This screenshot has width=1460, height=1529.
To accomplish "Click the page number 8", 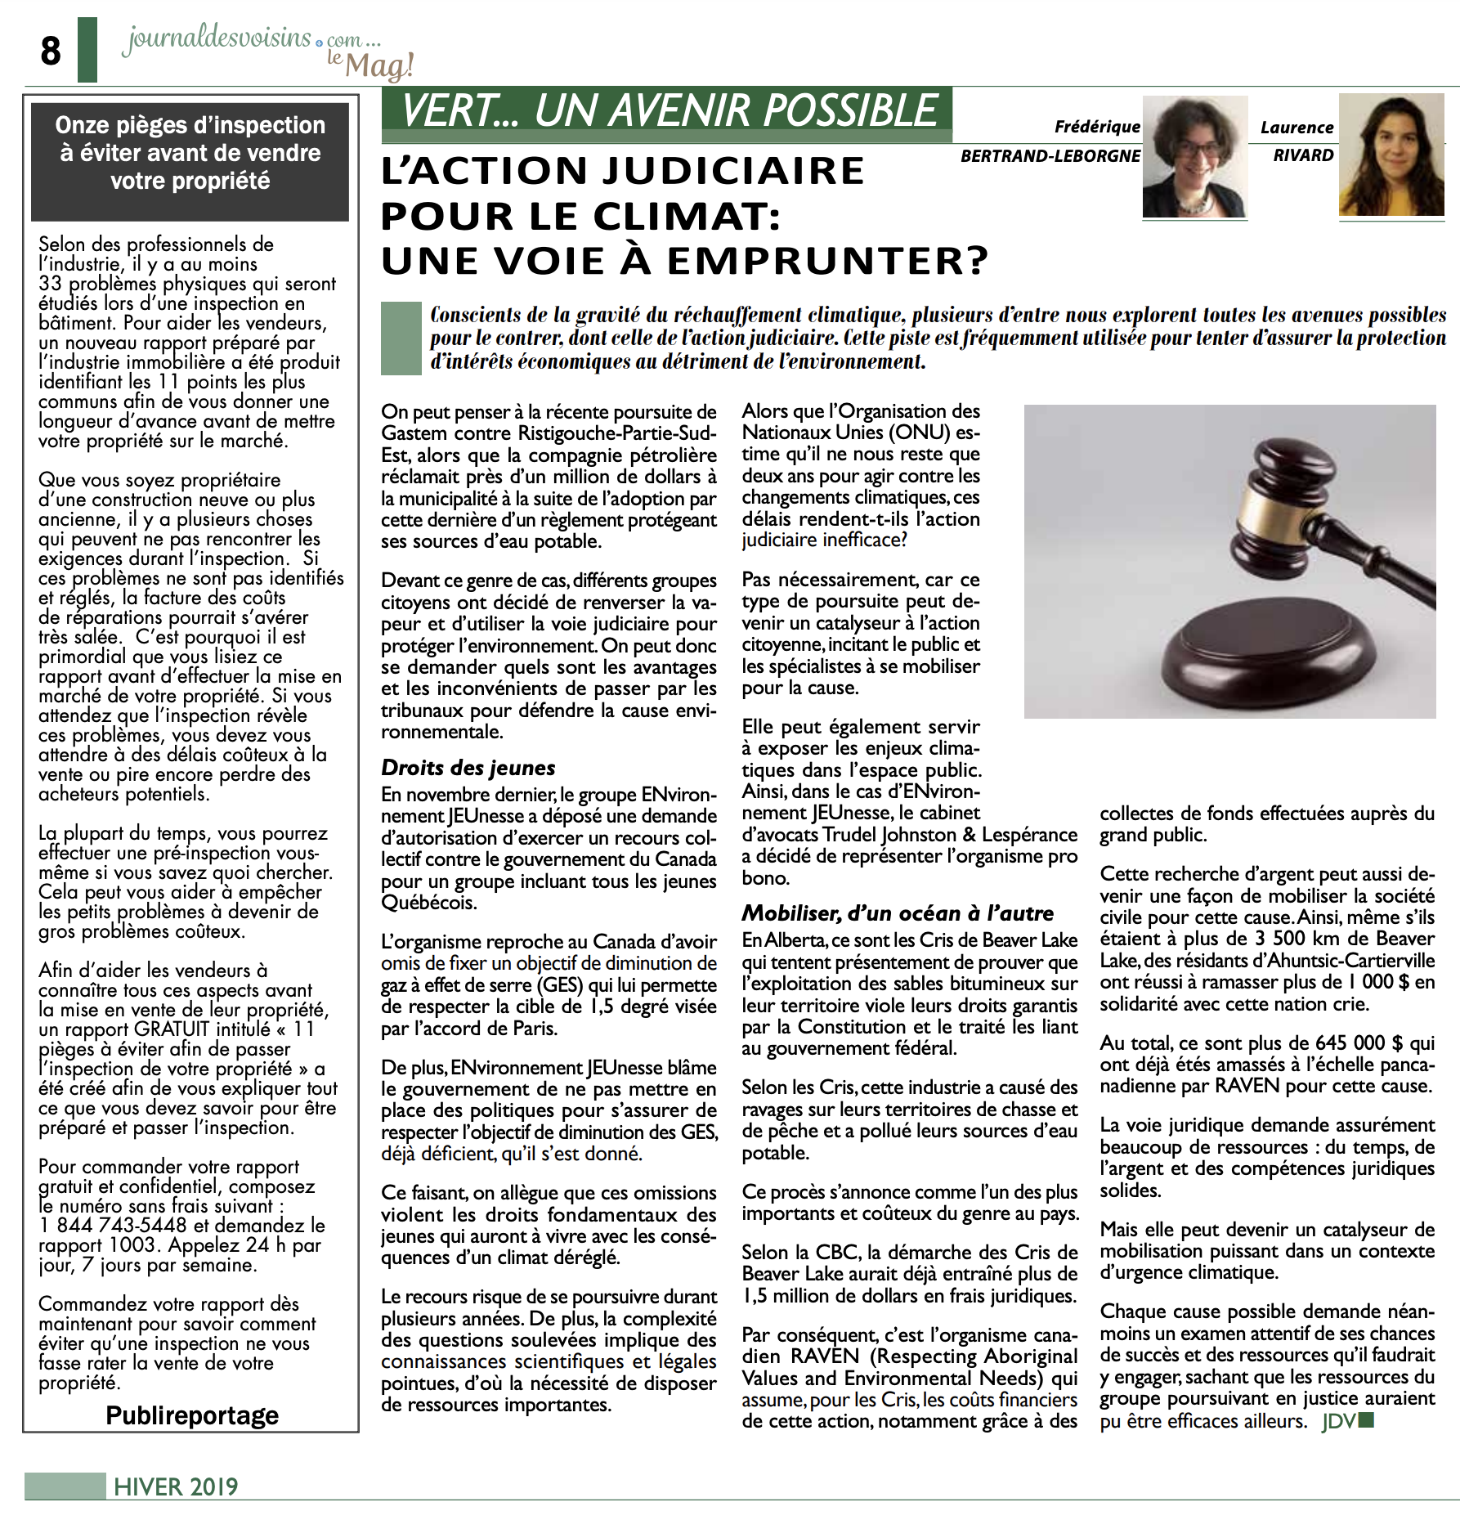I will (x=51, y=52).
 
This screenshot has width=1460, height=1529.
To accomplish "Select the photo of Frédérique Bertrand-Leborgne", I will (x=1194, y=157).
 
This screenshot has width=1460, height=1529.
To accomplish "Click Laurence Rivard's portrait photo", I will (x=1391, y=155).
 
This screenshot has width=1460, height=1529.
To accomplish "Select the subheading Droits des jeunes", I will (x=468, y=768).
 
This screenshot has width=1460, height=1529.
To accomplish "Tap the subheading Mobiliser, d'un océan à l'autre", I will (x=898, y=913).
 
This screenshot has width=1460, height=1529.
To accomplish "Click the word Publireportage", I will (x=192, y=1415).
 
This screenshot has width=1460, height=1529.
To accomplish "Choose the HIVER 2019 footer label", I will (x=176, y=1486).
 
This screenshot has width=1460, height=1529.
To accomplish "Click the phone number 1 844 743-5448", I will (x=113, y=1226).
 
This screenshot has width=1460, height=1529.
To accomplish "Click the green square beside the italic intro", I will (x=401, y=339).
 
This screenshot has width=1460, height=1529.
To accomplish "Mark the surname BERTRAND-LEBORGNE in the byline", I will (x=1050, y=155).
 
